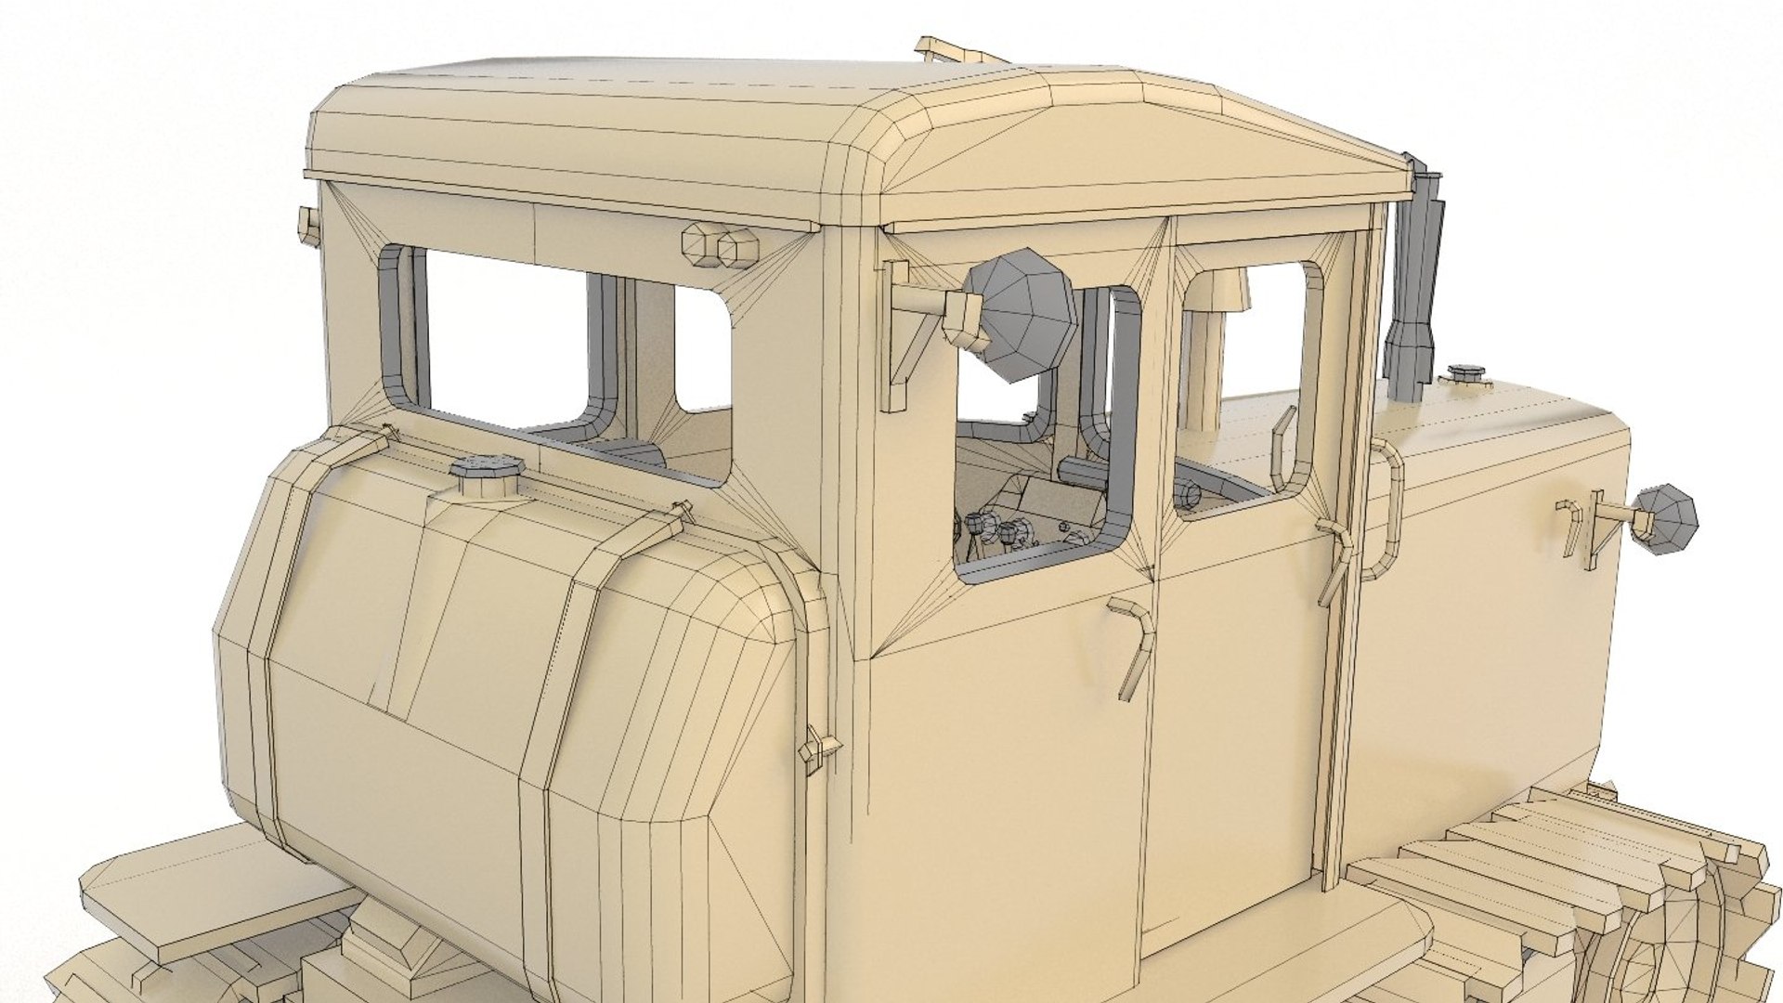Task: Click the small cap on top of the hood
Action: point(1464,375)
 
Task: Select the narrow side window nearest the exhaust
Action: point(1249,381)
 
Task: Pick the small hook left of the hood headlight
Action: point(1571,525)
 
